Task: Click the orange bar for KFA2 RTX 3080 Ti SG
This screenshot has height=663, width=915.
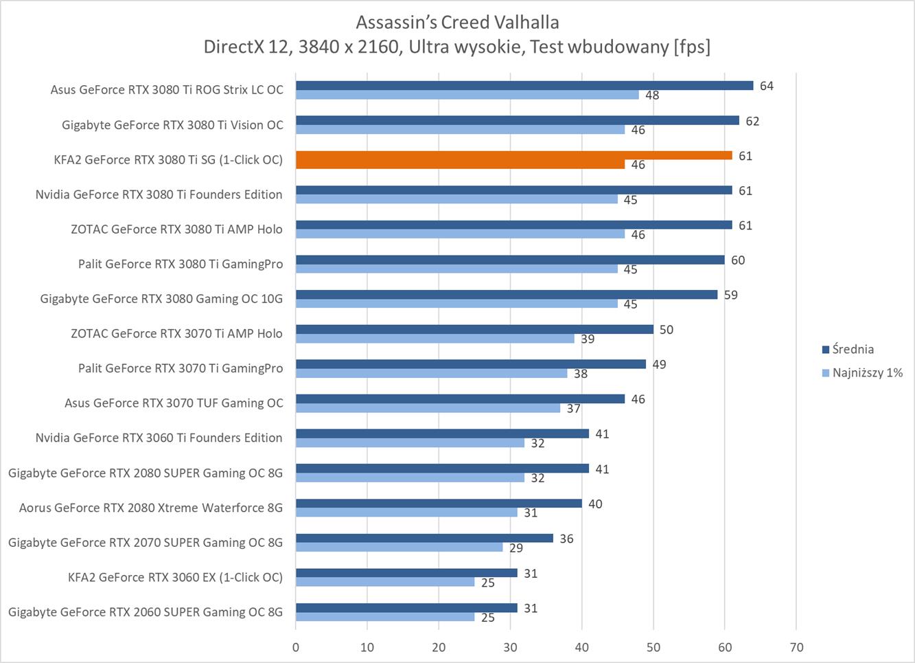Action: point(513,155)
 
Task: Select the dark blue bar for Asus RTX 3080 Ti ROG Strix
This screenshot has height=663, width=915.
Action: point(524,86)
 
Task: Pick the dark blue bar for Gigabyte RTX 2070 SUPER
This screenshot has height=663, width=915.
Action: point(424,539)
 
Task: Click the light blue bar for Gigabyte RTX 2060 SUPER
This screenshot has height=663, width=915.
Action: point(385,617)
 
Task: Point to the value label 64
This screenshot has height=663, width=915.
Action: point(766,86)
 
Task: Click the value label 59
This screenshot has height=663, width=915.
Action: point(730,295)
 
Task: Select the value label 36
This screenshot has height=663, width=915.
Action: point(566,539)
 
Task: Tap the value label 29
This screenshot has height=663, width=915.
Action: point(516,548)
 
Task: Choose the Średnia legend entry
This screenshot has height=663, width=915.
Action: point(853,349)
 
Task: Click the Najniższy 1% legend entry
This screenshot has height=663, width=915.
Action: point(867,373)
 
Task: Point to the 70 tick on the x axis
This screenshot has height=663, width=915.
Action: point(796,647)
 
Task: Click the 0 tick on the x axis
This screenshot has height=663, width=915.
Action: point(296,647)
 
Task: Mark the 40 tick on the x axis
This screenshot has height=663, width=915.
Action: point(581,647)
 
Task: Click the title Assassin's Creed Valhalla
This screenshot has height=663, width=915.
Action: point(457,22)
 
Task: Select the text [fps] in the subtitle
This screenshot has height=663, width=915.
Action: point(692,47)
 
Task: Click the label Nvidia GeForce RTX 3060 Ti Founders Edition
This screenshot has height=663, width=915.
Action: point(159,438)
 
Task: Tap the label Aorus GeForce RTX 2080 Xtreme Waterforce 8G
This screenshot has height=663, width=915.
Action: point(150,508)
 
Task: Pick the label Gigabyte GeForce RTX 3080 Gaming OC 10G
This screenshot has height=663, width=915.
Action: point(161,299)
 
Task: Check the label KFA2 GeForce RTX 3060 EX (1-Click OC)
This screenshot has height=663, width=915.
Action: point(175,577)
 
